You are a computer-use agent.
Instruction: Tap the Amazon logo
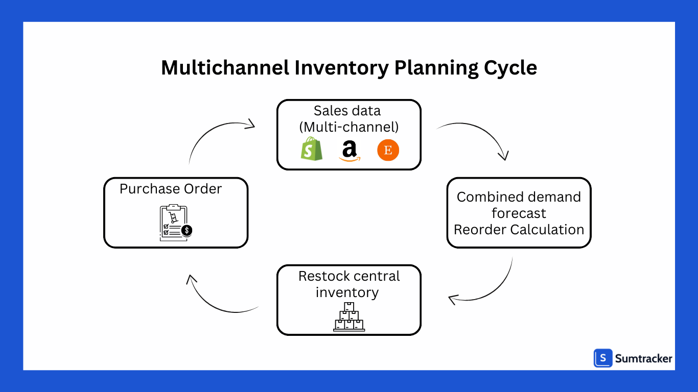pyautogui.click(x=349, y=151)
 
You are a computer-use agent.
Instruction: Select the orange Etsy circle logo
pyautogui.click(x=388, y=151)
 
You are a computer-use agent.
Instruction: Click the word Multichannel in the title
pyautogui.click(x=225, y=68)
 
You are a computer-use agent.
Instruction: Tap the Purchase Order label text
pyautogui.click(x=171, y=189)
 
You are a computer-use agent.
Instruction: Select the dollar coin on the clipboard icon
pyautogui.click(x=187, y=230)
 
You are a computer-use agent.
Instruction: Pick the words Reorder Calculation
pyautogui.click(x=519, y=230)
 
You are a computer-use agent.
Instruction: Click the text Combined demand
pyautogui.click(x=519, y=197)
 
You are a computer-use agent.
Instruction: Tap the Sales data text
pyautogui.click(x=347, y=111)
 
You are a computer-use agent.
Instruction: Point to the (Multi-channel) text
pyautogui.click(x=348, y=126)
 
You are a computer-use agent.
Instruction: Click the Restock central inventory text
pyautogui.click(x=349, y=284)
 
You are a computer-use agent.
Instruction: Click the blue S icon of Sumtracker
pyautogui.click(x=603, y=358)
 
